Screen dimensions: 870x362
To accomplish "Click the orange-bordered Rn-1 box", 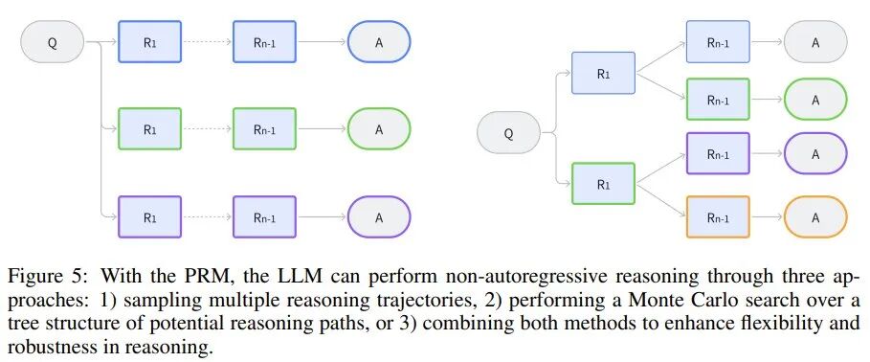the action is coord(718,217).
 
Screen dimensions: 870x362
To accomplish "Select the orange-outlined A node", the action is coord(815,217).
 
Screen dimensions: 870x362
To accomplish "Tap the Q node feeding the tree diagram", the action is coord(509,133).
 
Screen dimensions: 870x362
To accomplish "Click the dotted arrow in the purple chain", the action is coord(207,217).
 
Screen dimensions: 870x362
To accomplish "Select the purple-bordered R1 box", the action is coord(150,217).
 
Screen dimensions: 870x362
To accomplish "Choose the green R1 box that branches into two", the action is coord(603,184).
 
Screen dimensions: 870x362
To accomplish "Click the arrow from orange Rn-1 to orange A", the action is coord(767,217).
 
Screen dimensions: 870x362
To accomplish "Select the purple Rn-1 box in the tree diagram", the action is coord(718,154).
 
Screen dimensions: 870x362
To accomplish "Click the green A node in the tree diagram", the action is coord(815,100).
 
